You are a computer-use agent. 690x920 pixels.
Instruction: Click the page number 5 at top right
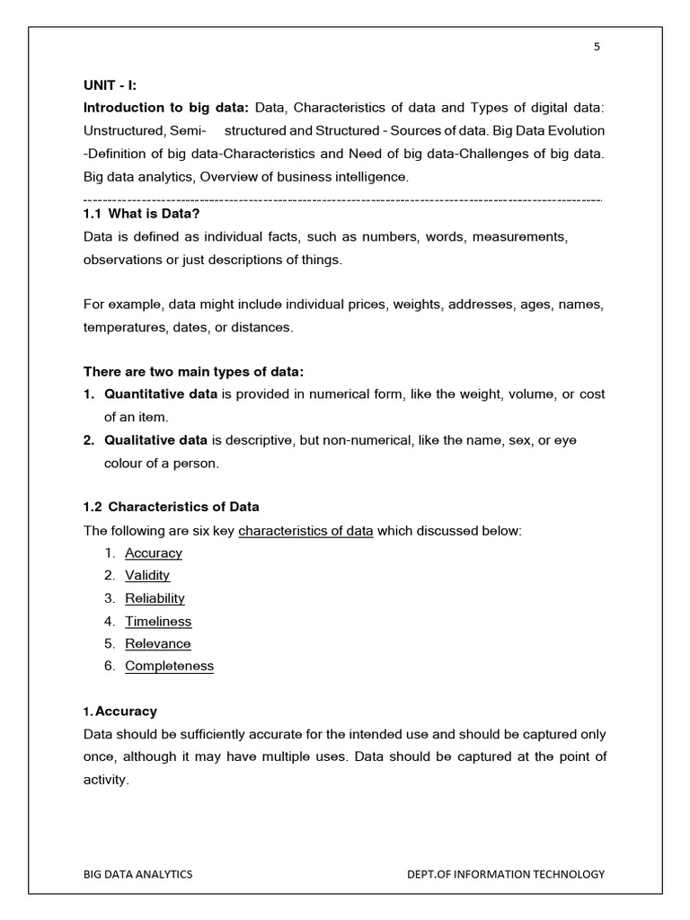click(x=597, y=48)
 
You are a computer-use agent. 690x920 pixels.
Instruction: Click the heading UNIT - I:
click(x=110, y=84)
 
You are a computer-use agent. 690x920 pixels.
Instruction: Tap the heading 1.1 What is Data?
click(x=141, y=213)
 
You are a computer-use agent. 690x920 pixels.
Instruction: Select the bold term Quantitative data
click(x=161, y=394)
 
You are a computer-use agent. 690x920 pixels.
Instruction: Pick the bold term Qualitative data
click(x=156, y=440)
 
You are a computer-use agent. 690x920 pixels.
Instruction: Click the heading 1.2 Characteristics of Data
click(x=172, y=507)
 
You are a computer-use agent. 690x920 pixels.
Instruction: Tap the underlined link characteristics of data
click(x=305, y=530)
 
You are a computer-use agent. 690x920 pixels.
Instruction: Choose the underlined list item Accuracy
click(x=154, y=553)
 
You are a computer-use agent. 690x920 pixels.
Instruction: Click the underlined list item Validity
click(x=147, y=575)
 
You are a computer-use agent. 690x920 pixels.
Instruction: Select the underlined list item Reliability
click(x=155, y=598)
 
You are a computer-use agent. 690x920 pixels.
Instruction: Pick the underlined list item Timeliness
click(x=158, y=621)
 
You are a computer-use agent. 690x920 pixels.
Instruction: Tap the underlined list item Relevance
click(x=158, y=643)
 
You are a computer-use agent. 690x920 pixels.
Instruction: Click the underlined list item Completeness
click(x=169, y=666)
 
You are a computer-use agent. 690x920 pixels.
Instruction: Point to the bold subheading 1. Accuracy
click(x=120, y=712)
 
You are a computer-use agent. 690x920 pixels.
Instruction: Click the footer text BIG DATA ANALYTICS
click(x=138, y=873)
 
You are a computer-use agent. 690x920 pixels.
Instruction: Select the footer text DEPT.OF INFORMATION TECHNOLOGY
click(x=506, y=873)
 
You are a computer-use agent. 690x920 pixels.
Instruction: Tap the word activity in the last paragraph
click(x=105, y=780)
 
